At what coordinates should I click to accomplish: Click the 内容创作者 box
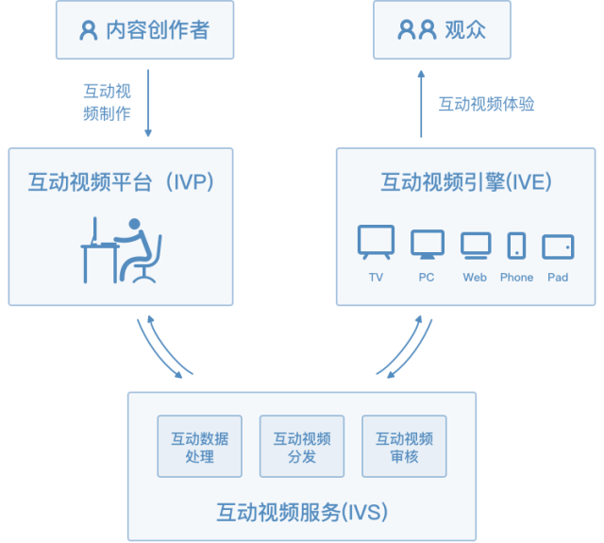click(144, 29)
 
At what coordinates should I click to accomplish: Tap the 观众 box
click(442, 29)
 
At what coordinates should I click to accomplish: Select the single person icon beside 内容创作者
click(89, 30)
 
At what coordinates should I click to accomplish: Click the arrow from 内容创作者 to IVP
click(148, 103)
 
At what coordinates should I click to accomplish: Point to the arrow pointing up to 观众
click(421, 104)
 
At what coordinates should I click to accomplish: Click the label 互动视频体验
click(487, 104)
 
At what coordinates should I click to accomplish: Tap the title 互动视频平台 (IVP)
click(121, 182)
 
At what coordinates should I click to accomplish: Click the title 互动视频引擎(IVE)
click(466, 182)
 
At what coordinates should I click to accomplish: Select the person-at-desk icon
click(121, 250)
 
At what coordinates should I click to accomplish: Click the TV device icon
click(376, 242)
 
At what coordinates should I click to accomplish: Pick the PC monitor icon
click(428, 245)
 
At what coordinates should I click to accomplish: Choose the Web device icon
click(476, 246)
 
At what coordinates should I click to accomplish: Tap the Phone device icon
click(516, 246)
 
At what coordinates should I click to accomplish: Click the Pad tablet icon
click(558, 246)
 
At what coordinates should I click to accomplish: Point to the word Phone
click(516, 278)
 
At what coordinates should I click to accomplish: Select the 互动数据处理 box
click(199, 447)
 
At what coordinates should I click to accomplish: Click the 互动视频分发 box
click(302, 447)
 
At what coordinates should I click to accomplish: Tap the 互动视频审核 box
click(404, 447)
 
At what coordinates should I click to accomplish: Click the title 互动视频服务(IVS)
click(302, 512)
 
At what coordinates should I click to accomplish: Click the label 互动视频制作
click(107, 103)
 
